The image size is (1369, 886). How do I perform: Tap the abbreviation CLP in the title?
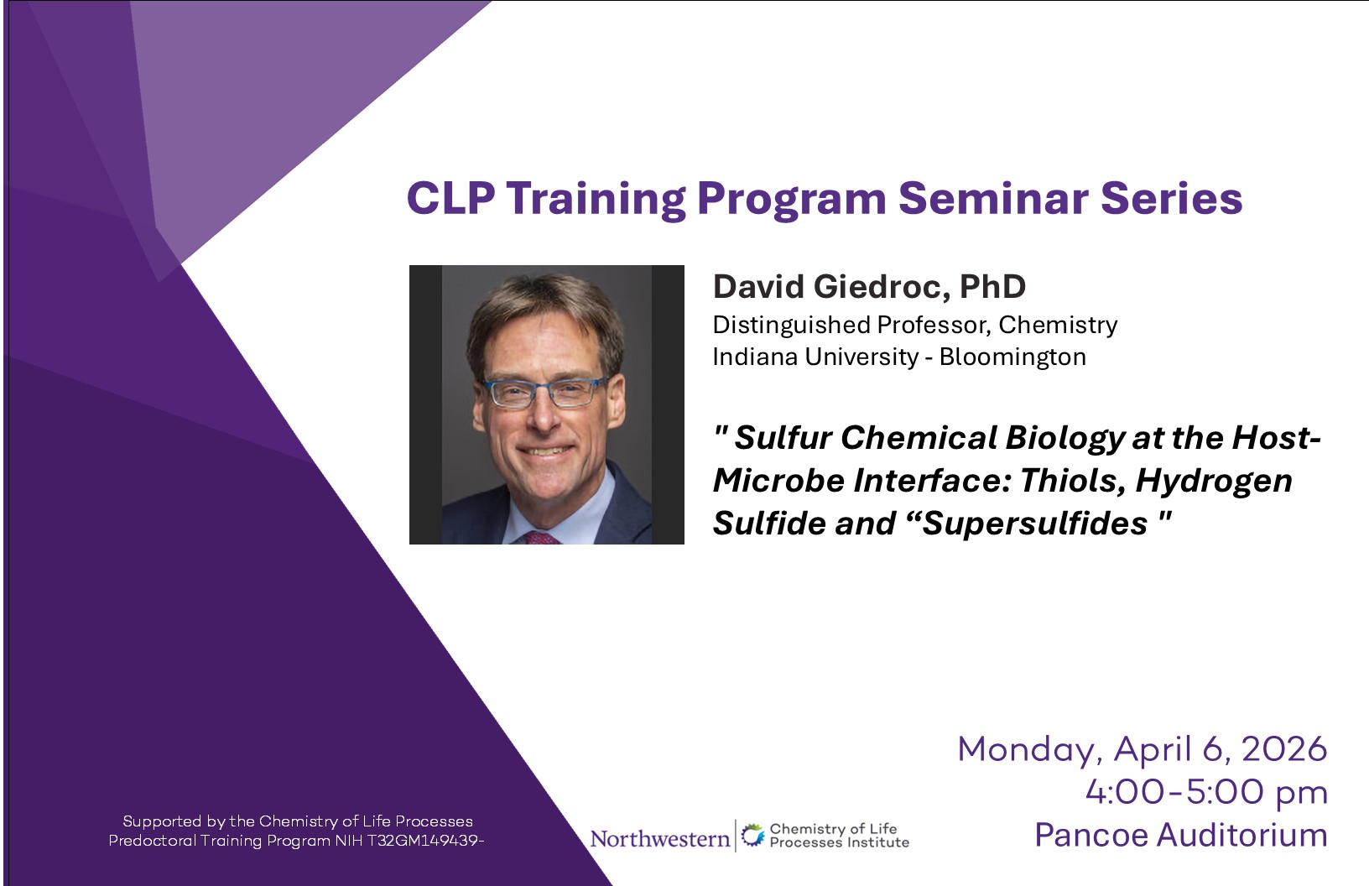tap(451, 199)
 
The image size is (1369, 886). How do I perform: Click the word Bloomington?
tap(1012, 357)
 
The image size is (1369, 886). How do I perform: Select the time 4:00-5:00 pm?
tap(1206, 792)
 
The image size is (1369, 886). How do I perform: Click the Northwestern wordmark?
tap(660, 838)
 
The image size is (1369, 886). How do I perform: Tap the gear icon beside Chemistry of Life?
tap(752, 836)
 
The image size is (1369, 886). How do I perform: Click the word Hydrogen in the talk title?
tap(1214, 482)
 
